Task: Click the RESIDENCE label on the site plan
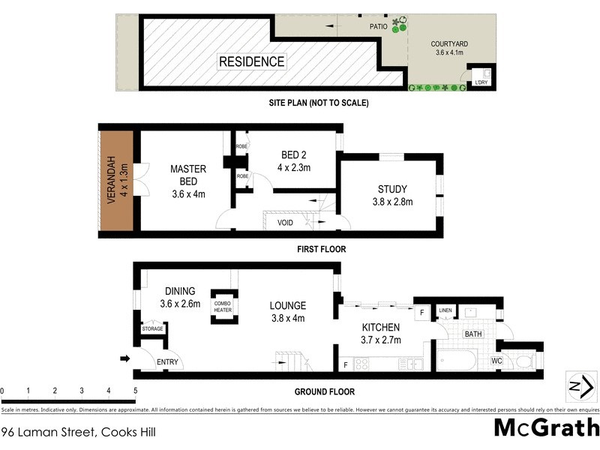[251, 61]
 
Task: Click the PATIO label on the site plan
[378, 26]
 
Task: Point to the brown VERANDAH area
[115, 182]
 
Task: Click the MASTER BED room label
[187, 182]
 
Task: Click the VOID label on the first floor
[286, 223]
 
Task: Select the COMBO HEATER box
[223, 305]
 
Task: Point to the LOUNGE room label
[288, 311]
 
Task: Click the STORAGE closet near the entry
[152, 329]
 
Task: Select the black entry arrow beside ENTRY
[125, 358]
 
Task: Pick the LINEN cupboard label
[445, 310]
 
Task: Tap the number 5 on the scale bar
[135, 391]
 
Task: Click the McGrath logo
[546, 427]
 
